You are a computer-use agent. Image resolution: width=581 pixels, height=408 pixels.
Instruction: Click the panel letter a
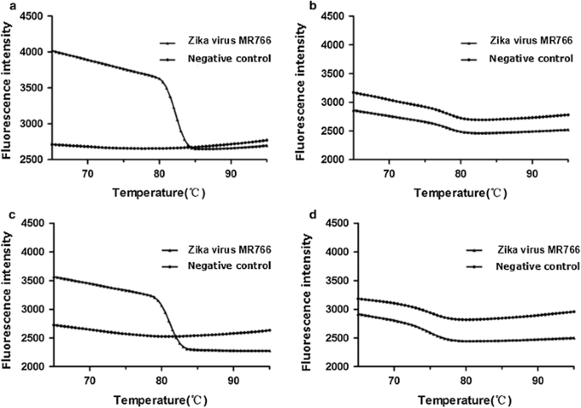[5, 6]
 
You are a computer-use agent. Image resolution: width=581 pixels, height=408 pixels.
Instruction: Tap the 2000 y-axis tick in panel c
[35, 366]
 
